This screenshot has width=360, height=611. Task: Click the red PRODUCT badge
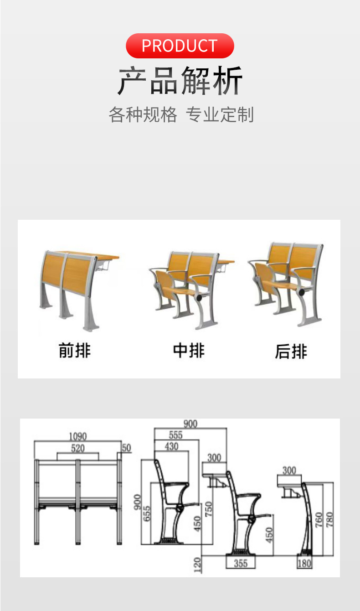180,46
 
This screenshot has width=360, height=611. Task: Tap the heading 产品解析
180,81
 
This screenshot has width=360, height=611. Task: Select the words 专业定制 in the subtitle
220,114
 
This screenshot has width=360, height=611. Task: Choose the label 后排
291,351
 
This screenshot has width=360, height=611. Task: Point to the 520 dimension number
77,448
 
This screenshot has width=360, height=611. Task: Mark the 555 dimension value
175,435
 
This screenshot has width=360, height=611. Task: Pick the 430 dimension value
171,447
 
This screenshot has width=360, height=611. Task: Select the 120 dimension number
197,565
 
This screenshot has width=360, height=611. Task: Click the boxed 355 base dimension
241,563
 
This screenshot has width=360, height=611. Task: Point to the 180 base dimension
304,563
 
